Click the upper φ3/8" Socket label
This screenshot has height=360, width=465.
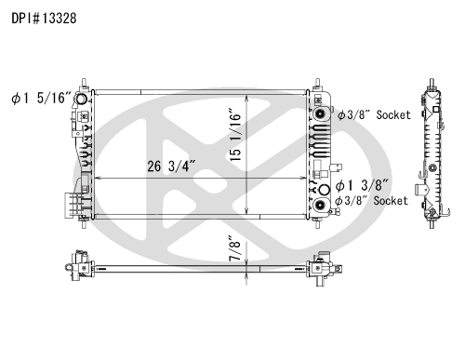pyautogui.click(x=373, y=114)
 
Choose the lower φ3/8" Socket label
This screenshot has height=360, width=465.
pyautogui.click(x=373, y=200)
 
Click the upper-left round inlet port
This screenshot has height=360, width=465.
pyautogui.click(x=83, y=100)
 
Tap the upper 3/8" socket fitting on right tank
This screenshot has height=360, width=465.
pyautogui.click(x=322, y=114)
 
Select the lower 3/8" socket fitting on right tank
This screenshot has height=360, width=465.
pyautogui.click(x=322, y=204)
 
